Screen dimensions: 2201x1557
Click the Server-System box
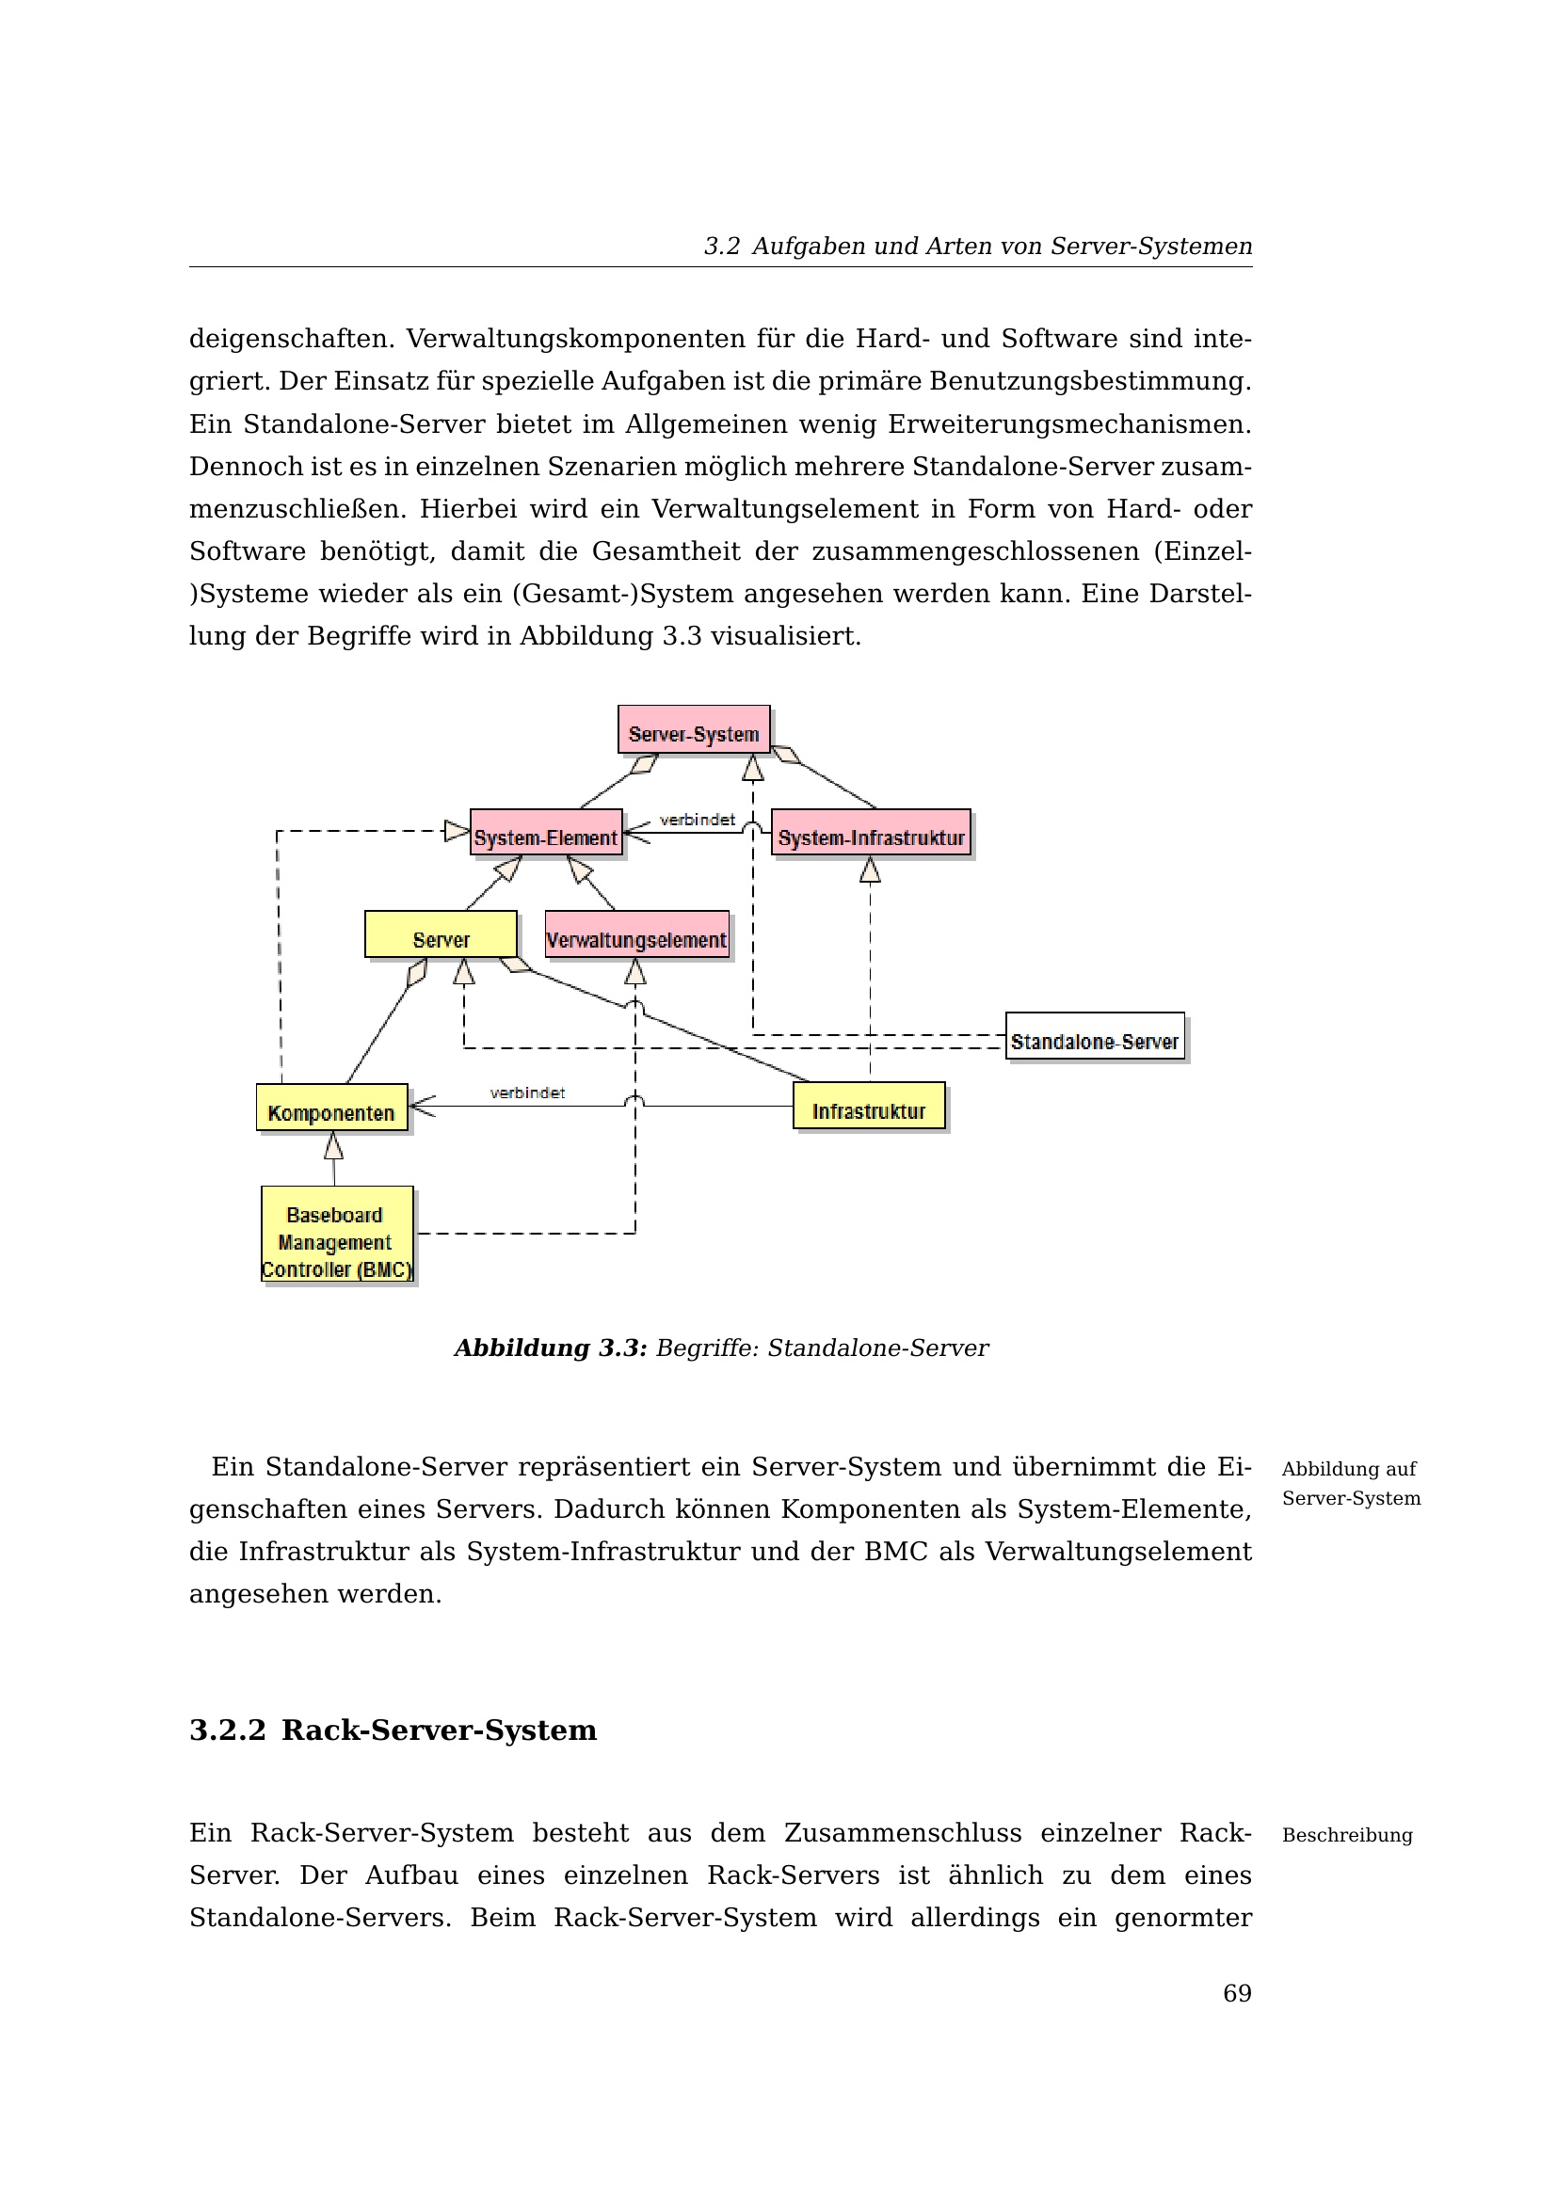tap(693, 729)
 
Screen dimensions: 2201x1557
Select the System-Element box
tap(546, 833)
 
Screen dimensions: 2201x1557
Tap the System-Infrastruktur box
tap(871, 833)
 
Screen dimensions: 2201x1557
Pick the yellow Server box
tap(441, 934)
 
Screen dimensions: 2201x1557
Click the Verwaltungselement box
tap(636, 935)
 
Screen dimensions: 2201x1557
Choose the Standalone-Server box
tap(1094, 1036)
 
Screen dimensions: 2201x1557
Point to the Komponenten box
tap(331, 1108)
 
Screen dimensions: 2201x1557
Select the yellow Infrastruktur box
tap(869, 1107)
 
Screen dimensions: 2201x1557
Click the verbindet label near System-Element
tap(697, 820)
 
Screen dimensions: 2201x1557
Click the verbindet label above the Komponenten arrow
tap(527, 1093)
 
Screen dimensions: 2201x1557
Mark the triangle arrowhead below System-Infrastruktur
tap(870, 870)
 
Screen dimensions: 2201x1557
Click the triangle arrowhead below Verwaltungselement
tap(634, 973)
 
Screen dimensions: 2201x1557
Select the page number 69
tap(1237, 1994)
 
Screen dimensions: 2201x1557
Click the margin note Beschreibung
tap(1347, 1835)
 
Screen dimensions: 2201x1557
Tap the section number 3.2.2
tap(227, 1730)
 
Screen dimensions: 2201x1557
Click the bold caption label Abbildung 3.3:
tap(551, 1348)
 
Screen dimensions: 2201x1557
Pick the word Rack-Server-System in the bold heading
tap(439, 1730)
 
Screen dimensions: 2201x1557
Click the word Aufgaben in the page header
tap(810, 247)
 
